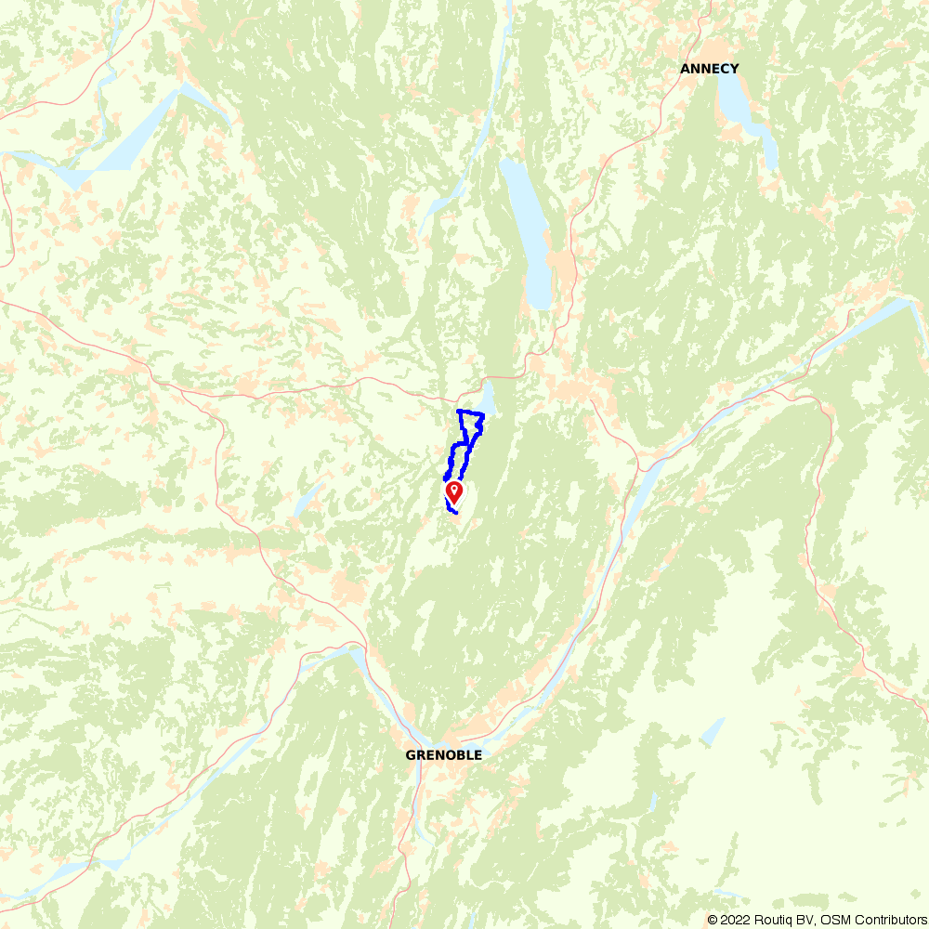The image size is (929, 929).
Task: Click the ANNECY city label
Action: point(709,69)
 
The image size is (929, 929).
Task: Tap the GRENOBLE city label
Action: point(443,755)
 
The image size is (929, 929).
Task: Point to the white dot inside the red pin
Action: point(454,488)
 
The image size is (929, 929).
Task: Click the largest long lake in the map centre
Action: point(528,232)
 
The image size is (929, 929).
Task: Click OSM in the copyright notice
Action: point(831,920)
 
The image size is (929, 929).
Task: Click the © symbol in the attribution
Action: point(713,920)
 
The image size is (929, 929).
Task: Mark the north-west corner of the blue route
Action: point(459,411)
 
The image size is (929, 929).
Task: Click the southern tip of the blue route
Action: point(455,512)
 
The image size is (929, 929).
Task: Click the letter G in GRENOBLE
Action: point(410,755)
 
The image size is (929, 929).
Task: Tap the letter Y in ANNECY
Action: point(735,69)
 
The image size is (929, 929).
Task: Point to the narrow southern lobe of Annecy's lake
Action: point(769,144)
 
